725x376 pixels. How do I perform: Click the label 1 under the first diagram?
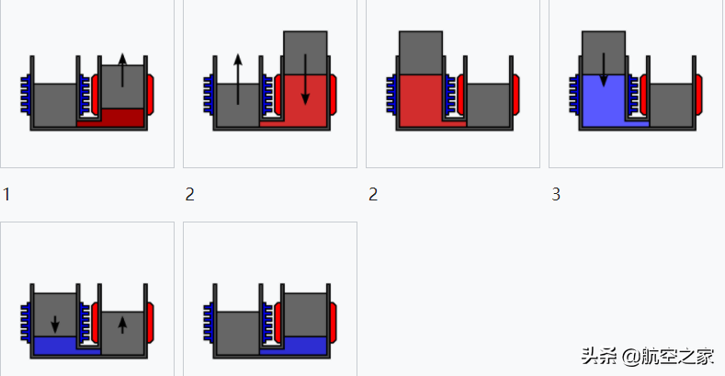[6, 195]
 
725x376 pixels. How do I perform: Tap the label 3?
[556, 195]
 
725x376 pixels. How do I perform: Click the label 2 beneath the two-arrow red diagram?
[189, 195]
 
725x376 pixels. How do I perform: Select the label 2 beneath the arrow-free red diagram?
[372, 195]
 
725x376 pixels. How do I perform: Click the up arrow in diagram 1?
[122, 70]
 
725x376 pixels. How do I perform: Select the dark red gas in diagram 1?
[122, 118]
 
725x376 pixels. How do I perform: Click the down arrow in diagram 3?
[603, 69]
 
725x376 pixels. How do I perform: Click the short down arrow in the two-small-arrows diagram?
[55, 323]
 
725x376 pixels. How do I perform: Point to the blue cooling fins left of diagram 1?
[26, 96]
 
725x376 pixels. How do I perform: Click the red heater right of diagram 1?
[150, 93]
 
